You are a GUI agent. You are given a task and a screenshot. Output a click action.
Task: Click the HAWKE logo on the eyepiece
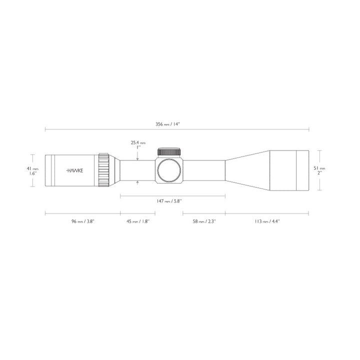coord(75,170)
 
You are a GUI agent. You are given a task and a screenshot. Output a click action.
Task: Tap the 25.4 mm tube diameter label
coord(138,142)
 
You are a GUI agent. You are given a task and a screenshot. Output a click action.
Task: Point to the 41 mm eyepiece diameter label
coord(29,169)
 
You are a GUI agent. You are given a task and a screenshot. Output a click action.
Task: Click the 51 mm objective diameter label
coord(319,168)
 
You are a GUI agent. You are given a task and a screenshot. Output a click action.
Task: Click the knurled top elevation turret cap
coord(169,152)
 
